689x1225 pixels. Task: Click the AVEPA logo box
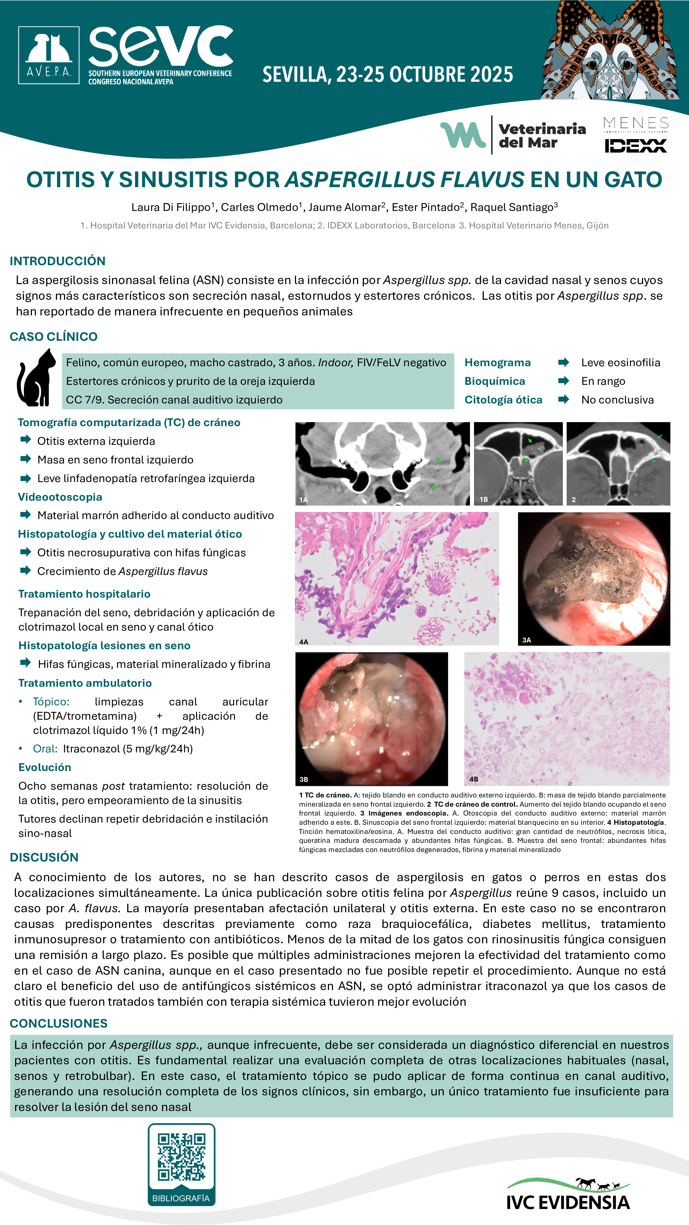(49, 55)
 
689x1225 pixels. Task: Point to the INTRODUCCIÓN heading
(58, 261)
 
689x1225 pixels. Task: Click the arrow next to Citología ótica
(563, 399)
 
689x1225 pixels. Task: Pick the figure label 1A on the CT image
(303, 500)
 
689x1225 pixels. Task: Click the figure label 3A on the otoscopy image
(526, 640)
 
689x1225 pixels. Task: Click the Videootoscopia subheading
(60, 497)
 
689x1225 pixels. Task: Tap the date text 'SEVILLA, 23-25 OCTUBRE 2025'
(388, 75)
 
